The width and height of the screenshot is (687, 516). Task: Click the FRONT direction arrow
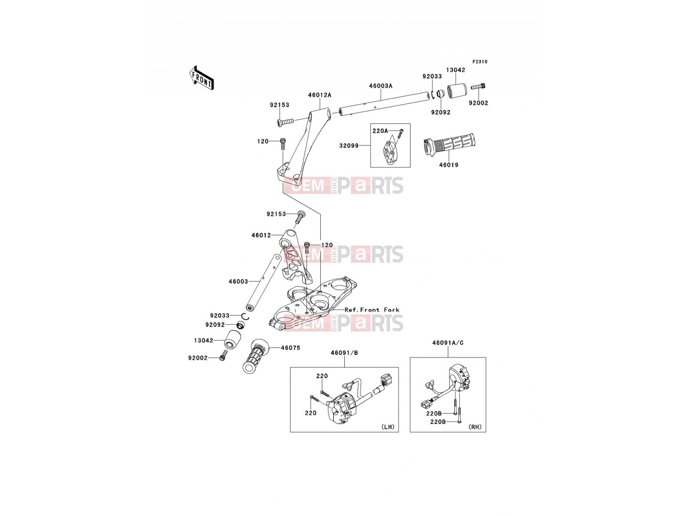pos(201,78)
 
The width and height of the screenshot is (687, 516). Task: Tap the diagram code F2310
pos(480,62)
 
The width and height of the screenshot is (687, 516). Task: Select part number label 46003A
pos(380,86)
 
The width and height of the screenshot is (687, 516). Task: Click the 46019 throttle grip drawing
pos(449,145)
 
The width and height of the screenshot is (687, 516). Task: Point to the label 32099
pos(349,146)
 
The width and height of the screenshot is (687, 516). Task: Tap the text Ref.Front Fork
pos(372,310)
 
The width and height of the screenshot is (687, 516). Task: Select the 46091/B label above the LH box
pos(344,353)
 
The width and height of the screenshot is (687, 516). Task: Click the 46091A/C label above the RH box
pos(448,343)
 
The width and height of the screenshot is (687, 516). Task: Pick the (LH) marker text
pos(388,427)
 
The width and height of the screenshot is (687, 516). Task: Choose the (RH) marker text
pos(475,427)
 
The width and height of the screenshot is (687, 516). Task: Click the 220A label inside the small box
pos(380,131)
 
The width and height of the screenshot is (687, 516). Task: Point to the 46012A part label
pos(319,95)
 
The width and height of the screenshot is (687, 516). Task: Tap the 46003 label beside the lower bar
pos(238,281)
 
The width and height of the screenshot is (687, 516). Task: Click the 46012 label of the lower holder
pos(261,235)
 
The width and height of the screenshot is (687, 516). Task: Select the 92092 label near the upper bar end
pos(441,112)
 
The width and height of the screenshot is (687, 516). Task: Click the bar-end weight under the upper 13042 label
pos(457,91)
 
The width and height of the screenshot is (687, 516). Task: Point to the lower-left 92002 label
pos(198,358)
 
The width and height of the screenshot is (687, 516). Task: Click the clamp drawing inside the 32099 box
pos(389,153)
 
